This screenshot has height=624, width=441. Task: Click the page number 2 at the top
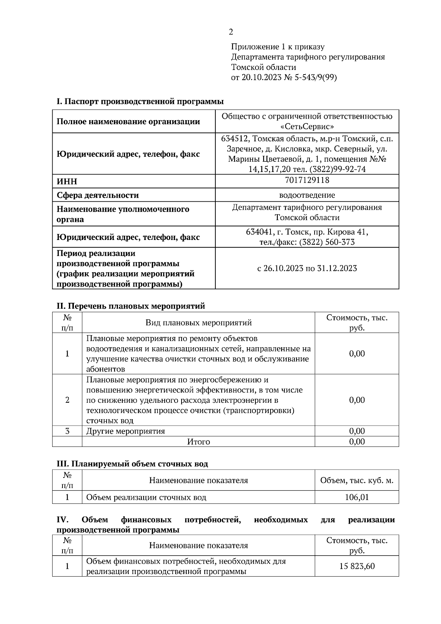(231, 32)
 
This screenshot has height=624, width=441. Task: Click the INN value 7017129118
(307, 180)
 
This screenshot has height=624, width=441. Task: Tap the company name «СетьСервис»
(307, 126)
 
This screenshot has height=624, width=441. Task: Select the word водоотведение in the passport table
(307, 195)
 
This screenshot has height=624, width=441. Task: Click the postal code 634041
(259, 232)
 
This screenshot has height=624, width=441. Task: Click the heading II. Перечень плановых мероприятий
(130, 306)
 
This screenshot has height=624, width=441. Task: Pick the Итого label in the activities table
(198, 442)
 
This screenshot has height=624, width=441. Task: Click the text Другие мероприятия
(125, 431)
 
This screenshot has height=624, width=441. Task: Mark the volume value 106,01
(356, 498)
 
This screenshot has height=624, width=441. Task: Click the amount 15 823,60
(356, 566)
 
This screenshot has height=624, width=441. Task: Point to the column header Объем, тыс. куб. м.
(356, 481)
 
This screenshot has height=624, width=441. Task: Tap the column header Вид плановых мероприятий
(198, 323)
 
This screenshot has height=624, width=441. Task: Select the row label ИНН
(67, 182)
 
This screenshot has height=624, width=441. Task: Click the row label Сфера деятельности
(97, 195)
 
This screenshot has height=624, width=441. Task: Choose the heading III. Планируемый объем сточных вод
(132, 464)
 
